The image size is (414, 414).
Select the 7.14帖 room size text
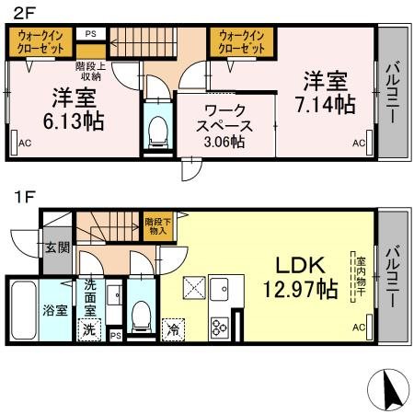(x=327, y=104)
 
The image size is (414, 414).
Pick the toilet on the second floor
(x=155, y=130)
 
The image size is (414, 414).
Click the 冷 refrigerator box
(x=171, y=327)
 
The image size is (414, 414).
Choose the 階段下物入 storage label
(x=155, y=224)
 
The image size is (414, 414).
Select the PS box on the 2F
(x=90, y=34)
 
